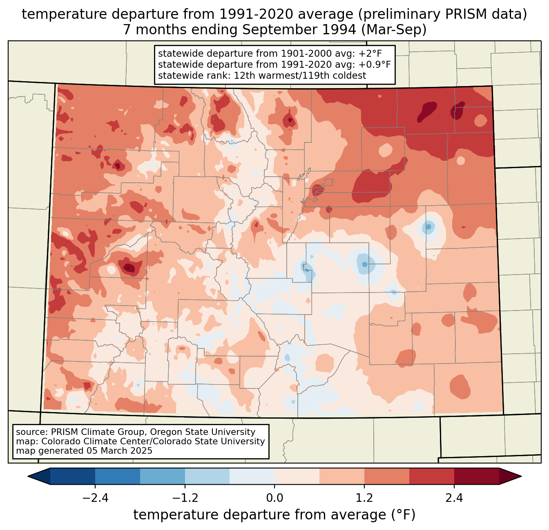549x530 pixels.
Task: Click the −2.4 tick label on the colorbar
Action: coord(95,498)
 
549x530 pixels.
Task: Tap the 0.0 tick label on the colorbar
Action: coord(274,498)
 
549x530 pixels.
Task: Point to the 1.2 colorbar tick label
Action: coord(364,498)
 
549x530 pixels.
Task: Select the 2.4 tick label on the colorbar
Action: coord(454,498)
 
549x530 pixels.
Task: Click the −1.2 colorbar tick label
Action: coord(185,498)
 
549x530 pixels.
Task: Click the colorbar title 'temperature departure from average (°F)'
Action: coord(274,515)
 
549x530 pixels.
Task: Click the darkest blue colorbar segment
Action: coord(73,476)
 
